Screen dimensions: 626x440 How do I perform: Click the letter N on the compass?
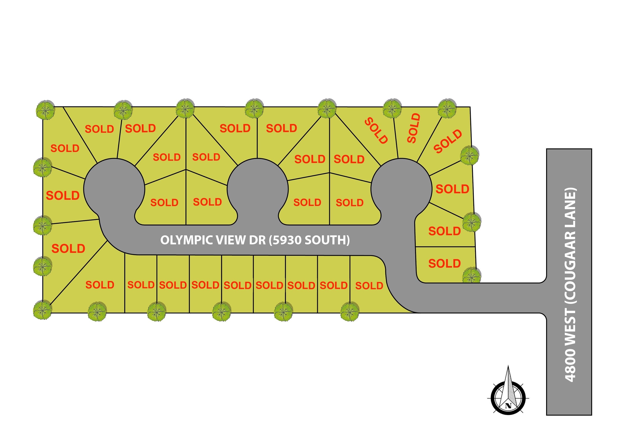[508, 405]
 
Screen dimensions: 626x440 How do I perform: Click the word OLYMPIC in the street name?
[186, 240]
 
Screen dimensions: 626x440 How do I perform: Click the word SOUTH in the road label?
[326, 240]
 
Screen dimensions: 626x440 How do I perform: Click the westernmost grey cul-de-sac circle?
[114, 188]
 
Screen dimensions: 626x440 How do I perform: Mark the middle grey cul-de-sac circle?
[258, 188]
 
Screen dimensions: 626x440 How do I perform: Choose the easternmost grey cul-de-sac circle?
[401, 188]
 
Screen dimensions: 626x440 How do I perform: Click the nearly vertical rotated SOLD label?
[413, 128]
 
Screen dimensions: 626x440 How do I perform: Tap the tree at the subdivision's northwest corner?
[46, 109]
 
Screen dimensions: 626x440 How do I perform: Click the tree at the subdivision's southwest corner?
[43, 310]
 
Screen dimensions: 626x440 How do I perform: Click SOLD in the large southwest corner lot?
[100, 285]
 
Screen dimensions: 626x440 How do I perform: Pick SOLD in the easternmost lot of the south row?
[369, 286]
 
